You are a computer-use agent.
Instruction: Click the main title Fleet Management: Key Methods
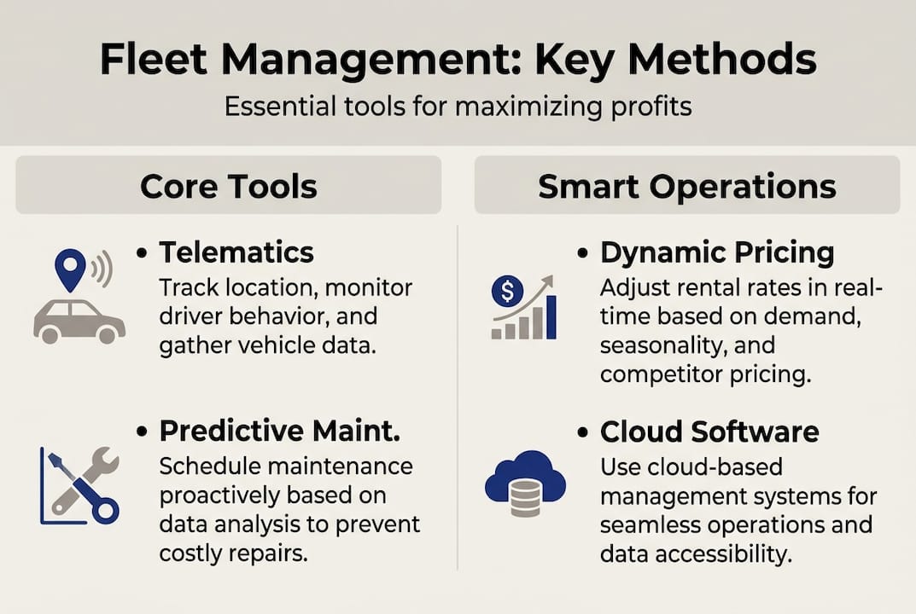pyautogui.click(x=458, y=61)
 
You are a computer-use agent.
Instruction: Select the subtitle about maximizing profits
pyautogui.click(x=458, y=107)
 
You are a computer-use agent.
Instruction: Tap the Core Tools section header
pyautogui.click(x=228, y=185)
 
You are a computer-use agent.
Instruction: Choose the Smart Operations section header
pyautogui.click(x=686, y=185)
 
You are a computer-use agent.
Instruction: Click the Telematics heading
pyautogui.click(x=236, y=252)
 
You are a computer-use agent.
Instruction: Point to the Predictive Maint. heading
pyautogui.click(x=279, y=431)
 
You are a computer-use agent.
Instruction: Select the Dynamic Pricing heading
pyautogui.click(x=717, y=252)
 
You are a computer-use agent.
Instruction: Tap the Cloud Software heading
pyautogui.click(x=709, y=431)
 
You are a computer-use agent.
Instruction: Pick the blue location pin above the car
pyautogui.click(x=70, y=268)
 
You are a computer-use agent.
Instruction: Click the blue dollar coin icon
pyautogui.click(x=507, y=293)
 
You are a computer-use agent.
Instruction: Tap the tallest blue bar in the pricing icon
pyautogui.click(x=551, y=317)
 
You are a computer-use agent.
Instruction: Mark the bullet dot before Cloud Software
pyautogui.click(x=583, y=432)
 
